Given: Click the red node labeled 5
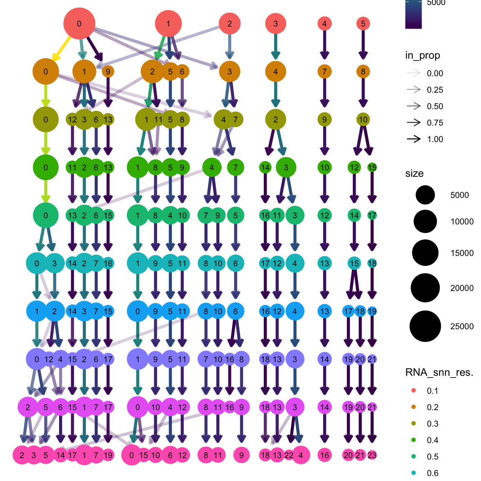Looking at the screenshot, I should (x=363, y=24).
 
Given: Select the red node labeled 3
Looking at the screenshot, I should (x=276, y=24).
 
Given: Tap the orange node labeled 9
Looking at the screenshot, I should (x=108, y=72).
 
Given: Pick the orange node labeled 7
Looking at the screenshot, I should (x=324, y=72).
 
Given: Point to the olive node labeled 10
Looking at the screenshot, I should (x=363, y=120).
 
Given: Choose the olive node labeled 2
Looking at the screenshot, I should (x=276, y=120).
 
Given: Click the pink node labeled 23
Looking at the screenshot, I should (x=372, y=455).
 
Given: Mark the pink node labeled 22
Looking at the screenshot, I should (x=289, y=455).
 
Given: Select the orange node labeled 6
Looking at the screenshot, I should (x=182, y=72).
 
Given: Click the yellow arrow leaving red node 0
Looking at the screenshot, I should (x=62, y=46).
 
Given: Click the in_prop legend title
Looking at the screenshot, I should (x=422, y=55).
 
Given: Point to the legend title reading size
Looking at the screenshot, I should (x=414, y=174).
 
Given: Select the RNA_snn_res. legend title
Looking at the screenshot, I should (x=439, y=373).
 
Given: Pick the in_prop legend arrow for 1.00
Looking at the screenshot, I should (x=414, y=139).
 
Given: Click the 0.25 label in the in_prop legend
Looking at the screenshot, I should (x=435, y=90).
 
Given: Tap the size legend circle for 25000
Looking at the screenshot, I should (x=425, y=326).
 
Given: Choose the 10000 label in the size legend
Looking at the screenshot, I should (x=462, y=222).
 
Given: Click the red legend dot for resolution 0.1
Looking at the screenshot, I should (x=414, y=390).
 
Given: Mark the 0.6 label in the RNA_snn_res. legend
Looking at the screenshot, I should (x=432, y=473).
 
